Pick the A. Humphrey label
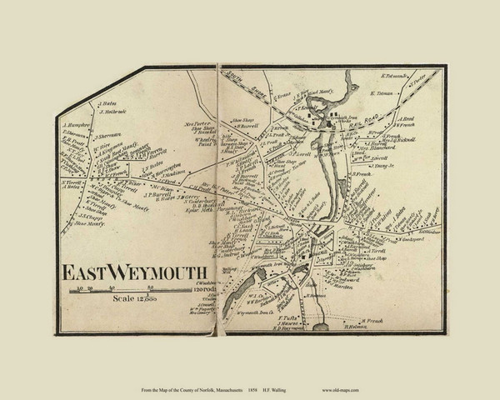(75, 127)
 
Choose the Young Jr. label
(383, 166)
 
